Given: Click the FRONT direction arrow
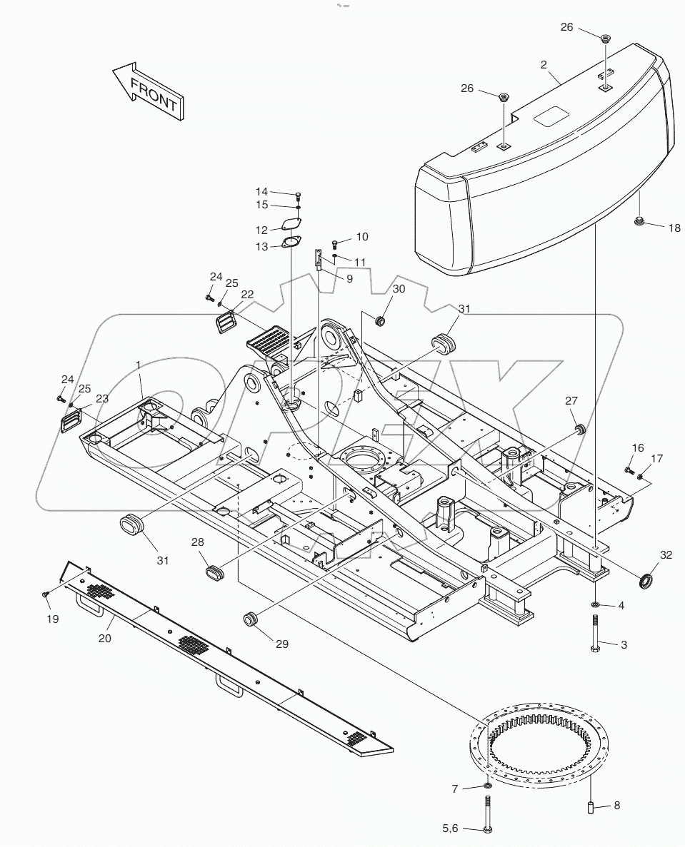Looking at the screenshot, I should click(149, 89).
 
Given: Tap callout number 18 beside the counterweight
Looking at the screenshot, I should click(674, 228).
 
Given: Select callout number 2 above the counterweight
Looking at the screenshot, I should click(544, 65).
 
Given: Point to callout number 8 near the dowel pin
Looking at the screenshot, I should click(616, 806).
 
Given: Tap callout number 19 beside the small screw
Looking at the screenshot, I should click(53, 619).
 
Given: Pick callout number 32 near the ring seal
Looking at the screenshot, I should click(666, 554).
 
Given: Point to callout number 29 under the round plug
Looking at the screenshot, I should click(282, 644).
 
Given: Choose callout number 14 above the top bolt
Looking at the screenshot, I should click(262, 191).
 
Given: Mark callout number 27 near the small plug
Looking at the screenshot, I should click(571, 401).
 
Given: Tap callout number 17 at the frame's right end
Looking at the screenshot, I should click(656, 458).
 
